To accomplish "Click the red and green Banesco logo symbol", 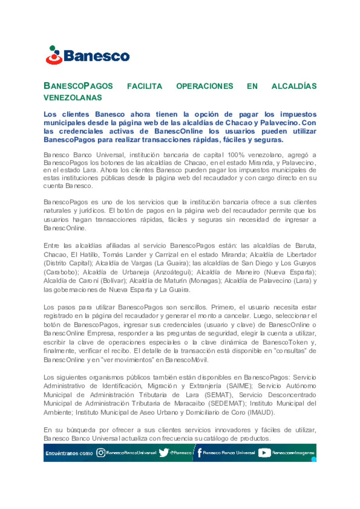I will (x=54, y=55).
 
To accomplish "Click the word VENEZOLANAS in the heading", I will (x=73, y=98).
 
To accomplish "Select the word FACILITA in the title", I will (x=144, y=86).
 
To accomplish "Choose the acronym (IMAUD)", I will (x=261, y=412).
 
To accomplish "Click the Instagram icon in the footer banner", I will (x=101, y=453).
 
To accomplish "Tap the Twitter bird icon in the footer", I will (x=164, y=453).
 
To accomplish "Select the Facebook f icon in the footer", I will (x=199, y=453).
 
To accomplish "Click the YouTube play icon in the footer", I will (x=264, y=453).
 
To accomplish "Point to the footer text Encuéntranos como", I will (x=69, y=453).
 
